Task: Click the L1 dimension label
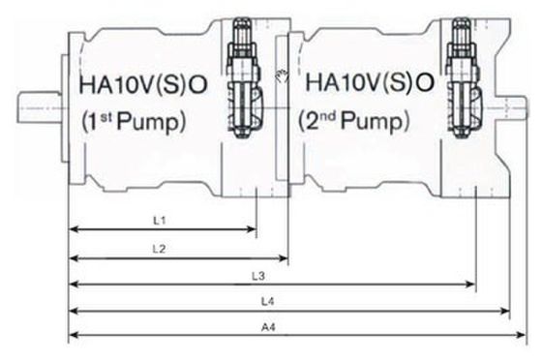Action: pyautogui.click(x=160, y=220)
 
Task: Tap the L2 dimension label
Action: pyautogui.click(x=159, y=249)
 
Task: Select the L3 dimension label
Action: pyautogui.click(x=258, y=276)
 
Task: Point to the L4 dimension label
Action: pyautogui.click(x=267, y=302)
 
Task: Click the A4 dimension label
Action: pyautogui.click(x=268, y=327)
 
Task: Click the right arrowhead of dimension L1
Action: pyautogui.click(x=252, y=229)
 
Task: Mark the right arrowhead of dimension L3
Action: pyautogui.click(x=471, y=285)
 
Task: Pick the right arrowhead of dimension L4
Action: pyautogui.click(x=505, y=311)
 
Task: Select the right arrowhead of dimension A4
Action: pyautogui.click(x=522, y=335)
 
